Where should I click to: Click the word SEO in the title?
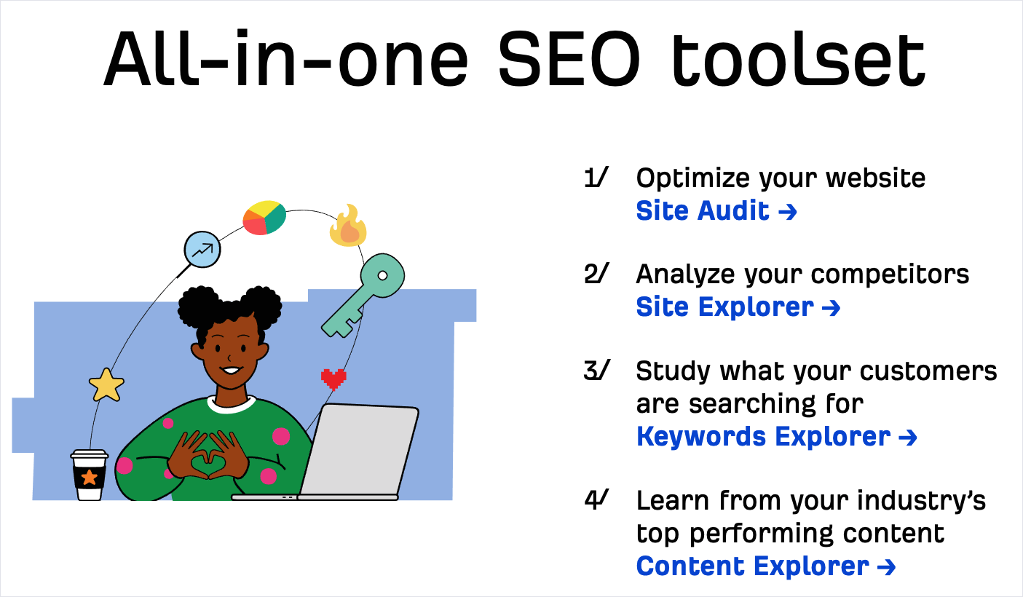click(x=569, y=58)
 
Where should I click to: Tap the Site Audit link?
click(x=716, y=211)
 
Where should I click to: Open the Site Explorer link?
click(x=738, y=307)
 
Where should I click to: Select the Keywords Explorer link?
click(x=776, y=437)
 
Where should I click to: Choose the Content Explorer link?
click(x=766, y=566)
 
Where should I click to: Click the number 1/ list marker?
click(x=596, y=178)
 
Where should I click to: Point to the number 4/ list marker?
click(x=596, y=499)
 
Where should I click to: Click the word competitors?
click(x=890, y=274)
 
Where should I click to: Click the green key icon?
click(x=364, y=295)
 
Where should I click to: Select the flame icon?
click(x=349, y=226)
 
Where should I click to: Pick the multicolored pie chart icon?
click(x=264, y=218)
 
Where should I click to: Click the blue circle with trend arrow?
click(x=202, y=250)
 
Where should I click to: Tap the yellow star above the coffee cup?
click(x=106, y=384)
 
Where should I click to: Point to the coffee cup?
click(x=90, y=475)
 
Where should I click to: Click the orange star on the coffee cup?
click(x=90, y=478)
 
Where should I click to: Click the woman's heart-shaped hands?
click(x=209, y=456)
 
